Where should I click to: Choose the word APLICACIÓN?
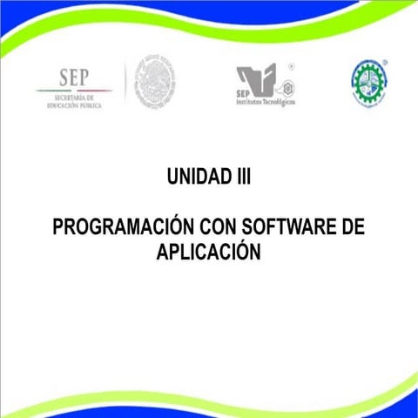pos(209,251)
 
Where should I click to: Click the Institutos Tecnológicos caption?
pos(266,101)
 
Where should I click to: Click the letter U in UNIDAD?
pos(172,177)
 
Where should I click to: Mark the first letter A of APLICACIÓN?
pos(163,251)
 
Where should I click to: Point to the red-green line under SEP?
pos(74,90)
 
